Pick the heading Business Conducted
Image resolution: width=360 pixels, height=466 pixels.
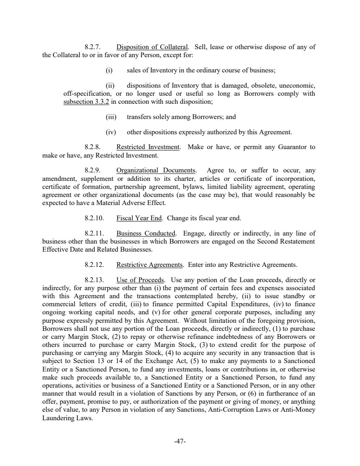click(x=146, y=233)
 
